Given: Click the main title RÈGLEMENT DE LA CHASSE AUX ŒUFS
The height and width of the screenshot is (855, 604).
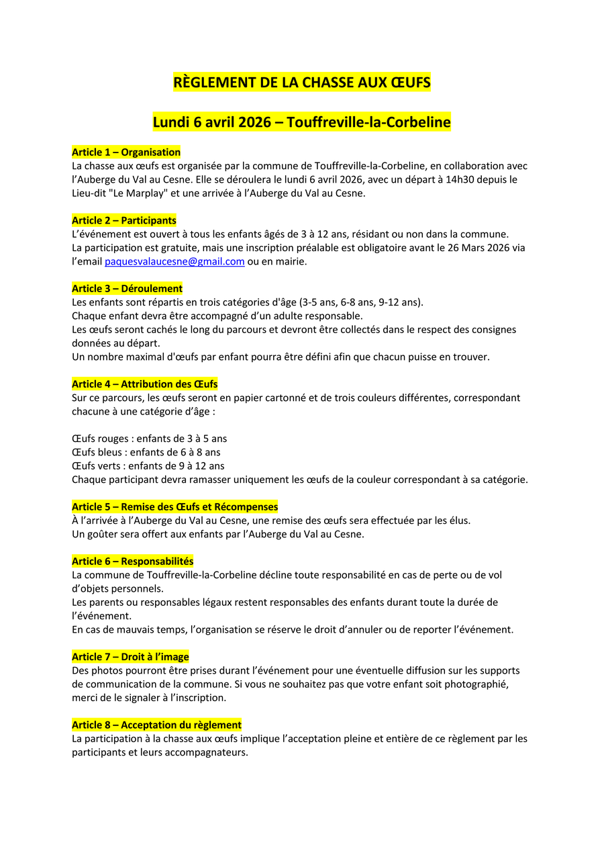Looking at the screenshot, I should tap(301, 83).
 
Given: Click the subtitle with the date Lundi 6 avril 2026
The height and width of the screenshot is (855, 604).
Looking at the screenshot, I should tap(301, 122).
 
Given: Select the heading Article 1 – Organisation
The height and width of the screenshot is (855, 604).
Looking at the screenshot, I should tap(126, 152).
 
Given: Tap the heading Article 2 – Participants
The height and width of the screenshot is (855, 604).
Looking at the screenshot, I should tap(124, 220).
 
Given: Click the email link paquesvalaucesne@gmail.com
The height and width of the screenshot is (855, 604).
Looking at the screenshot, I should tap(174, 262).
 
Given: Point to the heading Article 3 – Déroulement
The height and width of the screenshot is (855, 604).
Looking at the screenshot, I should tap(127, 289).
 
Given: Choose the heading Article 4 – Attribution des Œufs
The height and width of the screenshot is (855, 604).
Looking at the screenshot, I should tap(145, 384).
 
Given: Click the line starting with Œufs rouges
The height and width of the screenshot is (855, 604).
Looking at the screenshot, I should tap(149, 439).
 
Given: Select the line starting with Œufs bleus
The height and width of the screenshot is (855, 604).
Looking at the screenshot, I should tap(146, 452).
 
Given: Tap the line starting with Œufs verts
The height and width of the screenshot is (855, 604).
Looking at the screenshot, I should tap(148, 465).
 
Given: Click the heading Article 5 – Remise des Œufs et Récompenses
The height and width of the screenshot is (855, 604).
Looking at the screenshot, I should tap(174, 507).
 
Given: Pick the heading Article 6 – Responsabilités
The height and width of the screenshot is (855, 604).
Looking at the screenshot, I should tap(132, 561).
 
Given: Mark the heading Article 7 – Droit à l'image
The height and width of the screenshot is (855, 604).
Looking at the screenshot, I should tap(130, 657).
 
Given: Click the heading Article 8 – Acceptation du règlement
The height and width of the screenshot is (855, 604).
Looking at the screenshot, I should tap(156, 725).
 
